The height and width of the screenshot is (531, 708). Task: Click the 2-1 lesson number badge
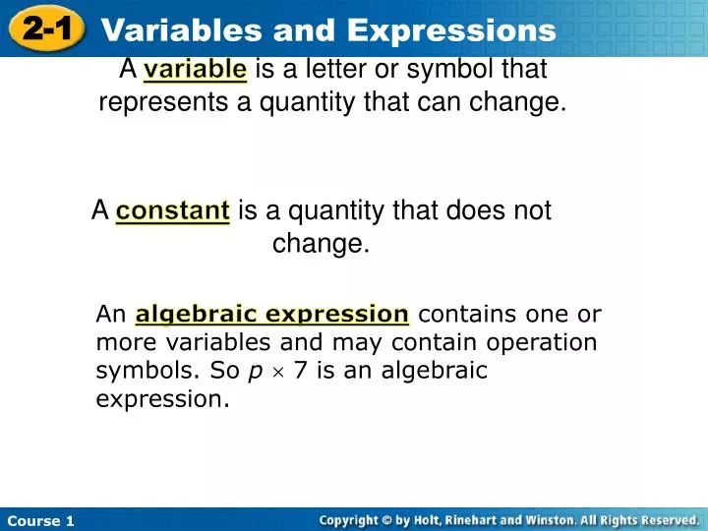46,29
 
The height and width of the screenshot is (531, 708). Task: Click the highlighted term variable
195,69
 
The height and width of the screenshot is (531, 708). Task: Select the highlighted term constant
173,210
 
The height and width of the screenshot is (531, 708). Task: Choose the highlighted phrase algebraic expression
272,315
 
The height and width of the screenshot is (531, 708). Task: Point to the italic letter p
255,372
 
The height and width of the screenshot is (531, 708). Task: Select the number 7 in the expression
299,371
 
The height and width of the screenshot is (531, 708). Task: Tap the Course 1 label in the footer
41,520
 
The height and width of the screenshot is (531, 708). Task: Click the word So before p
225,371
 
